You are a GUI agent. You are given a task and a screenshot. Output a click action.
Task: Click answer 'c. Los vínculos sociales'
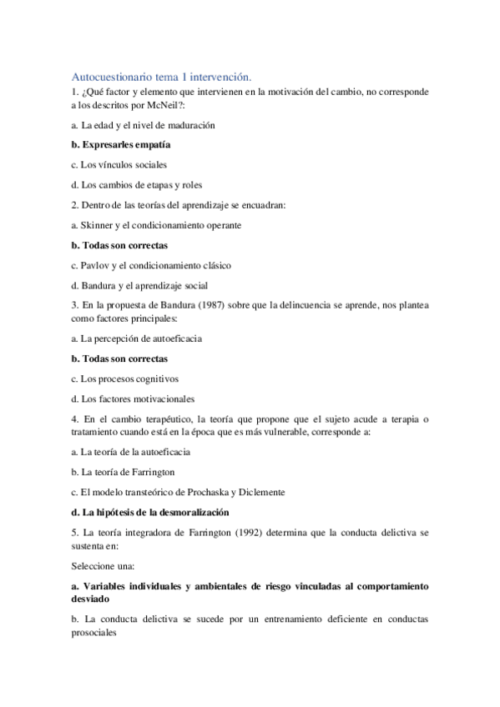point(119,164)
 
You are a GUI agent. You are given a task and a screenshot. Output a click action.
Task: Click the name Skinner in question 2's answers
point(98,225)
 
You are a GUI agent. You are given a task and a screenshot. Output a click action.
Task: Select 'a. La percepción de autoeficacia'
point(137,338)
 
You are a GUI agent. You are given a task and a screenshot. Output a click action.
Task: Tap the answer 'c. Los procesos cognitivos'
point(125,379)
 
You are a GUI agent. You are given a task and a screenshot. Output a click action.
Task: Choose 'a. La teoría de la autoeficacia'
point(131,452)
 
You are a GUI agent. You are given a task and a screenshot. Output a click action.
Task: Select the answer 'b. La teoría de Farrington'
point(123,472)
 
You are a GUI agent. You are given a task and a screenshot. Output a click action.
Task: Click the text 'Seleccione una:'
point(104,565)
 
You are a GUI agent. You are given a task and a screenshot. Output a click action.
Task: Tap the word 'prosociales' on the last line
point(95,632)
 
